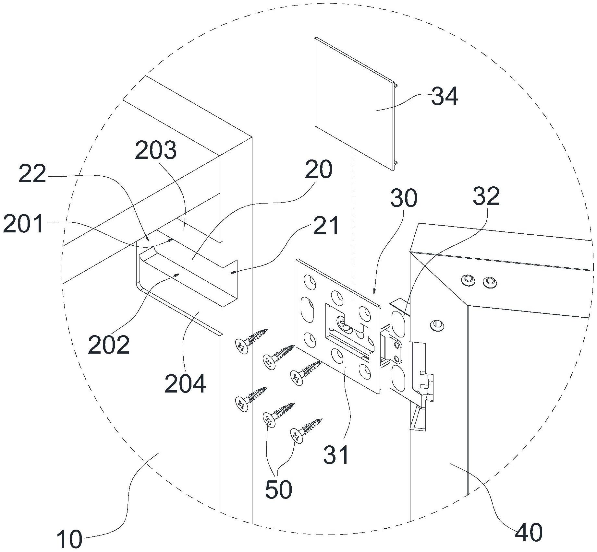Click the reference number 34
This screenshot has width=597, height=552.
point(445,96)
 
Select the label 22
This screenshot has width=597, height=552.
point(32,174)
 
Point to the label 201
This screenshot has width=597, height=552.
point(23,224)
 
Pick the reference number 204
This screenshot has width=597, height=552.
point(185,384)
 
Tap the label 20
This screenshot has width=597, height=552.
point(319,169)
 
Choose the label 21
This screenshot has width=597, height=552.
point(326,226)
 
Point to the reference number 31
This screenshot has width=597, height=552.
point(336,455)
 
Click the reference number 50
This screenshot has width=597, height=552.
point(278,489)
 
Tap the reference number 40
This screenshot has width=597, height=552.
point(529,532)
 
